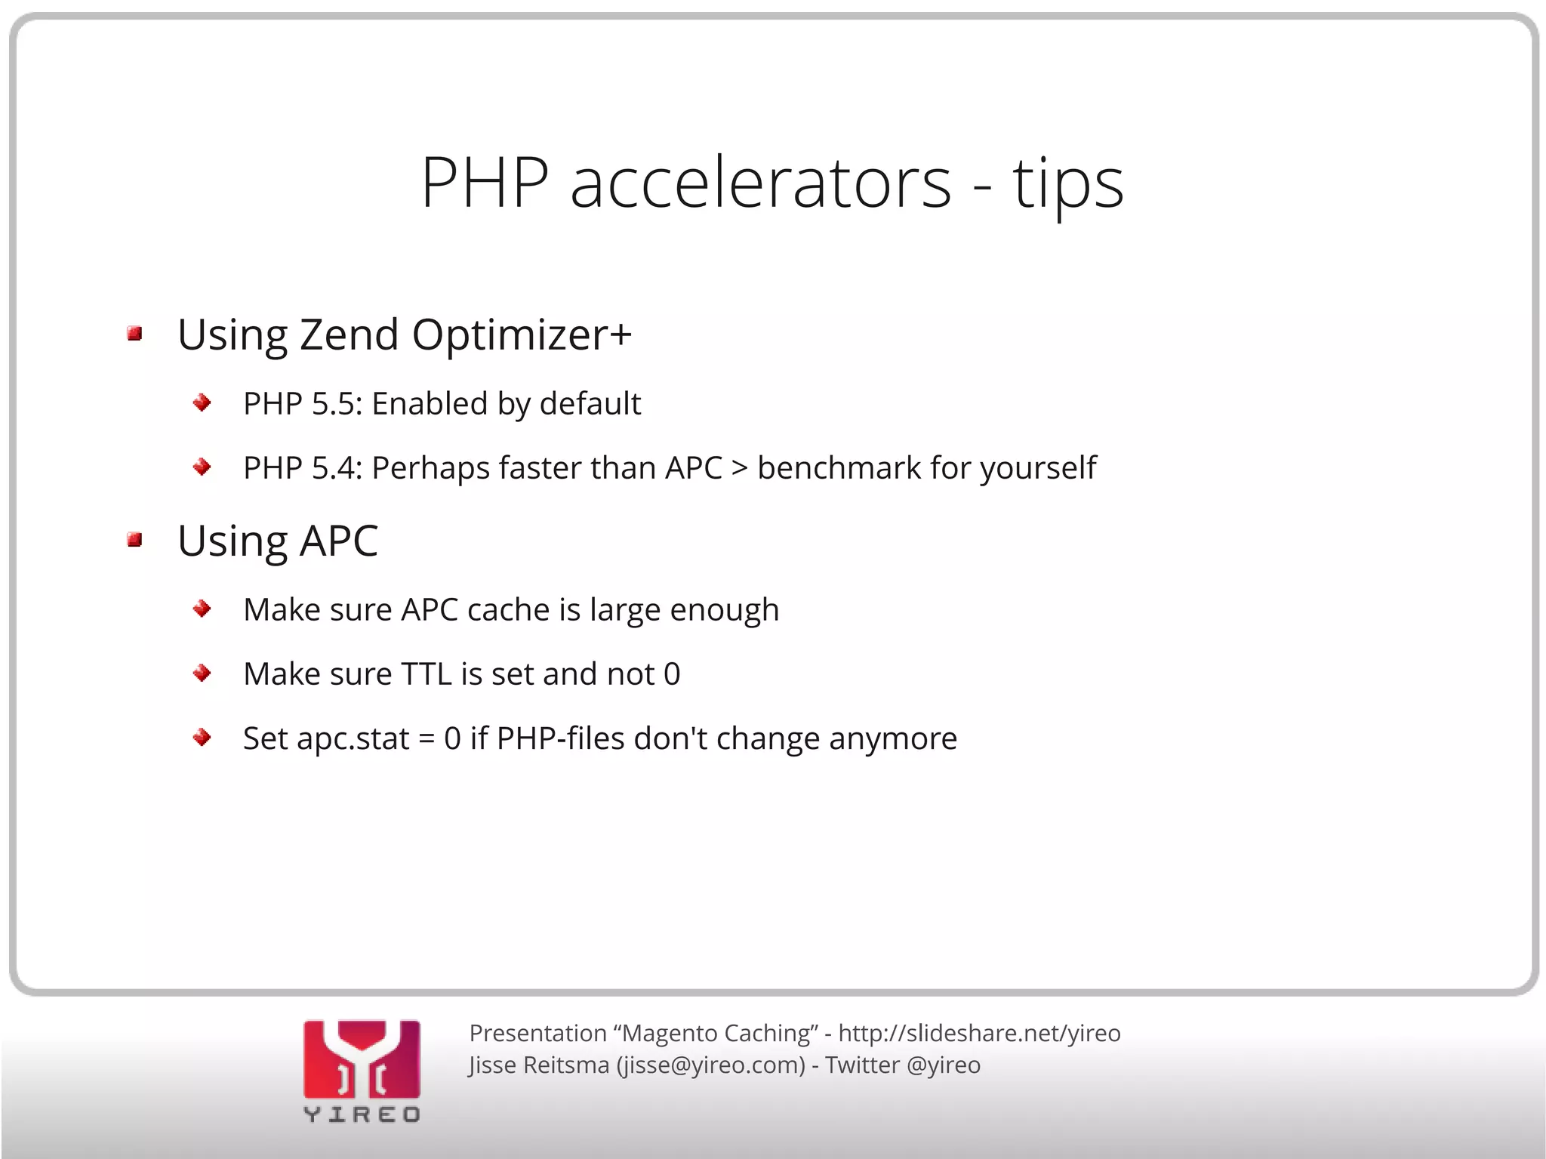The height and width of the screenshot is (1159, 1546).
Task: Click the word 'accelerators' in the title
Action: [x=760, y=183]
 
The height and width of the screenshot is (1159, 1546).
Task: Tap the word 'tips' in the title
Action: [x=1067, y=185]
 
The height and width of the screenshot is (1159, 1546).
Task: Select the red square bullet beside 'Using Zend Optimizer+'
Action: [x=135, y=334]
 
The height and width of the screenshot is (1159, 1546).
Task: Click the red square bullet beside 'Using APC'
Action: [x=135, y=539]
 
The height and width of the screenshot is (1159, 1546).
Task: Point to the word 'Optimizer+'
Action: [x=522, y=334]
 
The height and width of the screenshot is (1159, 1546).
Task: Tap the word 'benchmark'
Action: [x=839, y=468]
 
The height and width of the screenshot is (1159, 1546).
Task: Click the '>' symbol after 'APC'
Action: [x=740, y=468]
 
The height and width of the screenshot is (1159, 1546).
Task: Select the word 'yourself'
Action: [x=1038, y=468]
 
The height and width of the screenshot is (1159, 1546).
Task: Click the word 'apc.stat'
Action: [x=353, y=738]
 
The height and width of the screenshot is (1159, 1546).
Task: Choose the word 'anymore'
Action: [x=893, y=738]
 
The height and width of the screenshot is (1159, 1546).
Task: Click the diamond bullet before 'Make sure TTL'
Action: [x=202, y=673]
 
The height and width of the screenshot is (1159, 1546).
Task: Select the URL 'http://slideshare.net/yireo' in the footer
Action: [x=979, y=1033]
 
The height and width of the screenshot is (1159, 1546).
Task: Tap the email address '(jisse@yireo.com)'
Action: [x=711, y=1065]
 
